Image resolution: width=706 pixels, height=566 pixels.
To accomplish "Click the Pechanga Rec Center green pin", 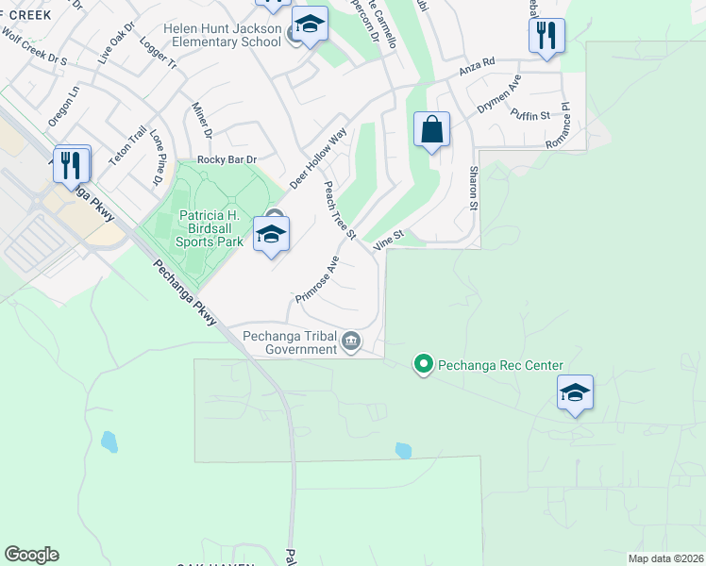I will coord(424,363).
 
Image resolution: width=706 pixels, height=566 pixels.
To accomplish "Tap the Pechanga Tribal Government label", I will coord(290,341).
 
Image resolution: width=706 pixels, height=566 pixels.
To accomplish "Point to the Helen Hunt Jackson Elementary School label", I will coord(222,36).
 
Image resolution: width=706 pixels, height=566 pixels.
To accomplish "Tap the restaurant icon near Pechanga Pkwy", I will coord(72,165).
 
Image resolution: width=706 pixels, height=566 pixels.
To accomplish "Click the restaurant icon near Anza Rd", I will coord(546,37).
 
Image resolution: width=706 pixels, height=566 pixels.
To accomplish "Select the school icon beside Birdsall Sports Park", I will coord(271,235).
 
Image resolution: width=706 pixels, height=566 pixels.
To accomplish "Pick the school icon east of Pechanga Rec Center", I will coord(575,393).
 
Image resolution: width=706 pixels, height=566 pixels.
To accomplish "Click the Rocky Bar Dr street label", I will coord(227,160).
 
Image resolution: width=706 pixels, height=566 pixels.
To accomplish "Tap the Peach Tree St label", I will coord(340,209).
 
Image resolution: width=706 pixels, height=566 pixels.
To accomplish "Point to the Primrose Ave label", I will coord(316,279).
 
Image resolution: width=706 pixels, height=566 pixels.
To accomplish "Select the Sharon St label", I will coord(473,188).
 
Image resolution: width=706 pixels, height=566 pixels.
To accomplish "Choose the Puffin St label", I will coord(529,115).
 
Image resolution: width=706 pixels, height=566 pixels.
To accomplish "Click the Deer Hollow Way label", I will coord(319,158).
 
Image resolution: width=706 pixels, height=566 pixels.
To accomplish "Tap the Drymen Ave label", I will coord(498,95).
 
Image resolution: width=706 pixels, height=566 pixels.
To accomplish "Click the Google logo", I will coord(31,555).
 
